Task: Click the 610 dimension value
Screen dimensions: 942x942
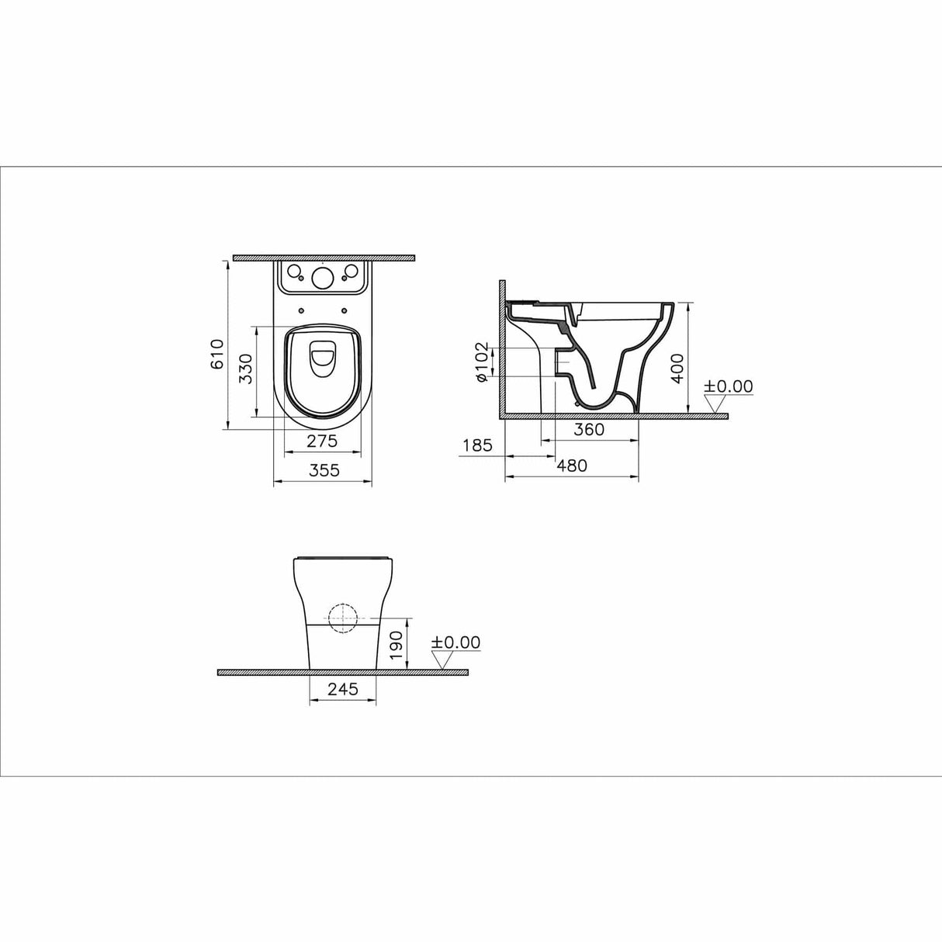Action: click(x=218, y=354)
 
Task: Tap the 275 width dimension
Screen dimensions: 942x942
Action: click(x=322, y=442)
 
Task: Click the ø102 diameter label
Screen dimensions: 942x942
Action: click(x=480, y=362)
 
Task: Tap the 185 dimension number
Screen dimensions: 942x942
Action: click(x=477, y=445)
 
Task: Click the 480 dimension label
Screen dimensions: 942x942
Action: click(x=572, y=466)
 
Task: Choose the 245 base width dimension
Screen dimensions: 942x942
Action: click(x=342, y=689)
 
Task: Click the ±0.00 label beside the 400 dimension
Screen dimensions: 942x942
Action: click(x=728, y=386)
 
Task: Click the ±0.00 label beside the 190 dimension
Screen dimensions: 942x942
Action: click(x=456, y=642)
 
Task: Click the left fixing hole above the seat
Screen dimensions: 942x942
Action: click(x=300, y=312)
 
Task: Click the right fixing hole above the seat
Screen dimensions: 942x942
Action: click(x=343, y=312)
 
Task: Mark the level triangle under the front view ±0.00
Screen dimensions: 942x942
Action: click(x=443, y=660)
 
